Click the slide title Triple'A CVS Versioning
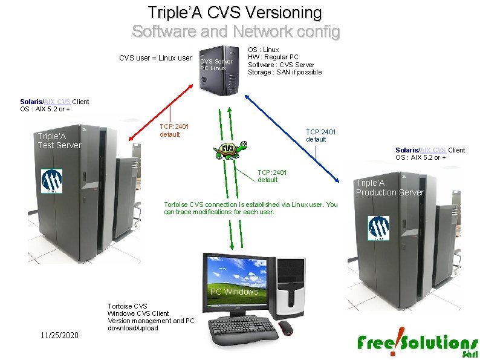pos(235,12)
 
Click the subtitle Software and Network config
pos(236,31)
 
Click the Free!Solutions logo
pos(417,344)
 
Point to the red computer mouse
pos(285,328)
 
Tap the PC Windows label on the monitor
pos(233,292)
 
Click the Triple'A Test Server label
pos(59,140)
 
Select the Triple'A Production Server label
pos(389,188)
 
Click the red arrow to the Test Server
pos(163,114)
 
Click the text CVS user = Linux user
pos(155,58)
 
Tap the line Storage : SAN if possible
pos(284,73)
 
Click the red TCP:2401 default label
pos(174,130)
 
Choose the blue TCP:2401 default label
pos(320,136)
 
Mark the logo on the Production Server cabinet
pos(379,228)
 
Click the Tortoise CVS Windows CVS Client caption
pos(151,317)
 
